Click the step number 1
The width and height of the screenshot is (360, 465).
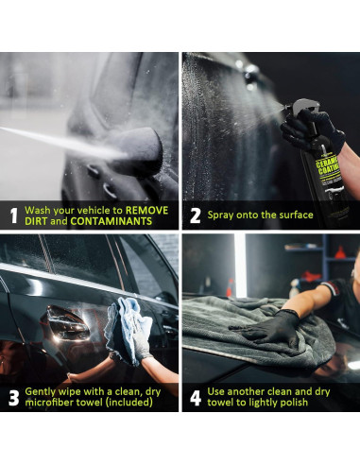click(13, 216)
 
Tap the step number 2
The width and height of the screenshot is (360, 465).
click(196, 215)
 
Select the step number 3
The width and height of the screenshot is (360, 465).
click(14, 398)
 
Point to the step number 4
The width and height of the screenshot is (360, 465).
click(196, 398)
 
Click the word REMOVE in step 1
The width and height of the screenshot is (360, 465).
click(146, 210)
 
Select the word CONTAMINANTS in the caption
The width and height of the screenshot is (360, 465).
click(111, 221)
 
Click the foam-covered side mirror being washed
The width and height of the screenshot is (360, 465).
click(142, 148)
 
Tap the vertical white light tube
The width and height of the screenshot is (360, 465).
click(240, 265)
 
